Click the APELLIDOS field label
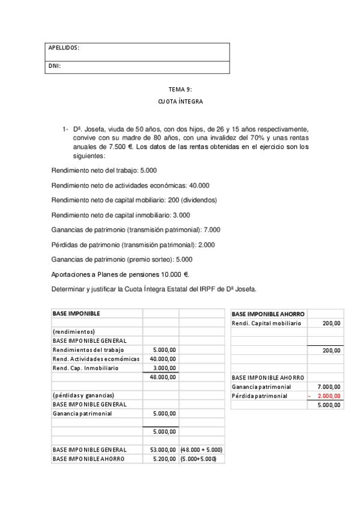(x=64, y=48)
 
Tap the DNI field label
(x=54, y=66)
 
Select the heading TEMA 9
(x=180, y=90)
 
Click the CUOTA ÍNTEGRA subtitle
(x=180, y=102)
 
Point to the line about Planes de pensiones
(x=121, y=274)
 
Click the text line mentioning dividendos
(x=135, y=200)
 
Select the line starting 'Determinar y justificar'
(x=154, y=289)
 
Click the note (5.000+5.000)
(x=199, y=458)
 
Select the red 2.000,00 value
(x=328, y=396)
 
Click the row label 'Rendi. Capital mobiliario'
(x=266, y=323)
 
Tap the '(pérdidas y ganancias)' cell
(x=84, y=395)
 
